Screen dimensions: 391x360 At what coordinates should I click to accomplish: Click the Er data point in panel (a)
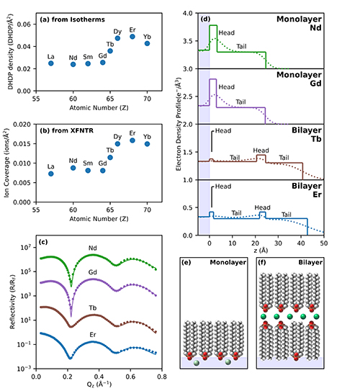[x=132, y=37]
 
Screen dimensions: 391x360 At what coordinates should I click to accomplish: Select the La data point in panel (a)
[x=51, y=63]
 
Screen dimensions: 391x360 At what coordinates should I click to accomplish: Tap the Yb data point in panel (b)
[x=147, y=143]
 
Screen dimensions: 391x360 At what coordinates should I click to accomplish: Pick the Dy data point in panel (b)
[x=117, y=143]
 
